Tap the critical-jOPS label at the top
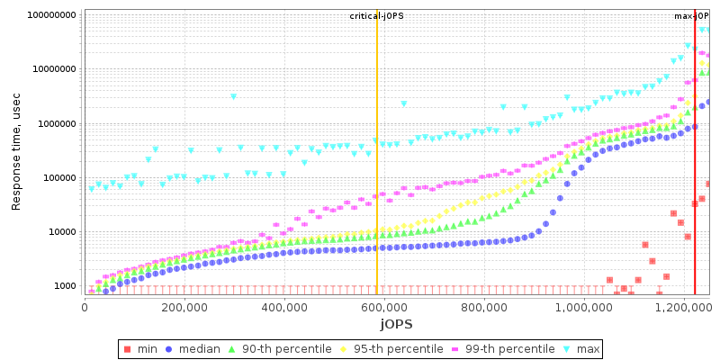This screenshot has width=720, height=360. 376,16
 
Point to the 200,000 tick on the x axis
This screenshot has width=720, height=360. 184,307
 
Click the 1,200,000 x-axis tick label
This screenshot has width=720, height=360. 684,307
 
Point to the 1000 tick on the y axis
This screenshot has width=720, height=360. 62,286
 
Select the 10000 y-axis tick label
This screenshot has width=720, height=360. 59,232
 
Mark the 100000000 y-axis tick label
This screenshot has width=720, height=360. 50,15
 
